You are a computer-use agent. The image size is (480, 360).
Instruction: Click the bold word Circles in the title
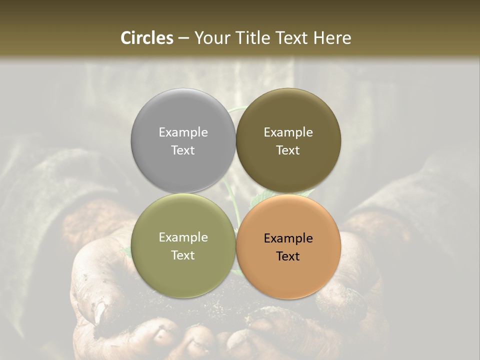tap(147, 38)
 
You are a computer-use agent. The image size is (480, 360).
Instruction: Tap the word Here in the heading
tap(332, 38)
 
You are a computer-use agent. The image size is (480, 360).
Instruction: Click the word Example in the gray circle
tap(183, 132)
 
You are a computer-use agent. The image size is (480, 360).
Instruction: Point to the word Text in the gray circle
tap(183, 150)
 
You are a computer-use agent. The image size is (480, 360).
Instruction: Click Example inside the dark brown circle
tap(288, 132)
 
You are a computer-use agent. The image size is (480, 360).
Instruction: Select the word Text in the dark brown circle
tap(288, 150)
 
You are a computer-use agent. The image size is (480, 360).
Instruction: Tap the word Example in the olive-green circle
tap(183, 237)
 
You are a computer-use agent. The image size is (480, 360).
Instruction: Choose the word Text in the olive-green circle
tap(183, 255)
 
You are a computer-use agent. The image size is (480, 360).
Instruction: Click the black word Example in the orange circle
tap(288, 238)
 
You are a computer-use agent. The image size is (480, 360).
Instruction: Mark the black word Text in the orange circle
tap(288, 256)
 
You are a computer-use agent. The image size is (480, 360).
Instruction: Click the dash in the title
tap(183, 38)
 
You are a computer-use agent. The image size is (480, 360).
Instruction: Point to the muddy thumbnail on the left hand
tap(100, 312)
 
